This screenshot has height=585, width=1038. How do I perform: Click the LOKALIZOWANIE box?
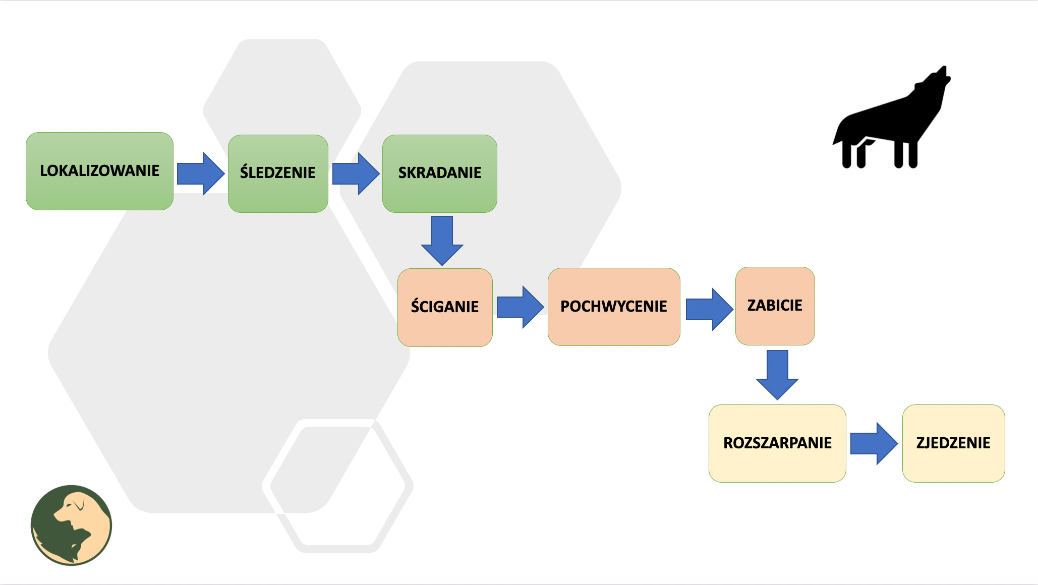pyautogui.click(x=99, y=171)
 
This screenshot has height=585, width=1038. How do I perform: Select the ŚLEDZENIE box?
pyautogui.click(x=278, y=173)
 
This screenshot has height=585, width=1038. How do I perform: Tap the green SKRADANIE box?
pyautogui.click(x=439, y=173)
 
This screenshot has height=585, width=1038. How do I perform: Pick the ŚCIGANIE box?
pyautogui.click(x=445, y=307)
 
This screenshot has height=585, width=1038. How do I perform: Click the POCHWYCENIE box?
pyautogui.click(x=614, y=307)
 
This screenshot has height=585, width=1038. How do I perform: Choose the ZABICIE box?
pyautogui.click(x=775, y=306)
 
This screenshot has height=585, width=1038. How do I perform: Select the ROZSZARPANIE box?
pyautogui.click(x=777, y=443)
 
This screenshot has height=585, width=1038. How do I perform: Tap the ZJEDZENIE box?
pyautogui.click(x=953, y=443)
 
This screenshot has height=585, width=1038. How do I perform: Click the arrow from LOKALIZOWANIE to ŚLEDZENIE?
pyautogui.click(x=200, y=173)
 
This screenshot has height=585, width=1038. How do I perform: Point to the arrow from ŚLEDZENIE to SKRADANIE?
pyautogui.click(x=356, y=173)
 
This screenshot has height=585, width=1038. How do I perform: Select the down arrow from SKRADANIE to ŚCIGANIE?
pyautogui.click(x=442, y=240)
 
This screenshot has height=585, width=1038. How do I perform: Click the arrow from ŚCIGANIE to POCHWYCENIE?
pyautogui.click(x=520, y=307)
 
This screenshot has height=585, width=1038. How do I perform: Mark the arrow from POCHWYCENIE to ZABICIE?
pyautogui.click(x=709, y=309)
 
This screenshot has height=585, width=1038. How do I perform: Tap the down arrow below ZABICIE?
pyautogui.click(x=777, y=374)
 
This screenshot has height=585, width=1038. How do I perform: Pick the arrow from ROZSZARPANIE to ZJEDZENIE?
pyautogui.click(x=874, y=443)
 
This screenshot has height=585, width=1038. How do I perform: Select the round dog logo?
pyautogui.click(x=71, y=525)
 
